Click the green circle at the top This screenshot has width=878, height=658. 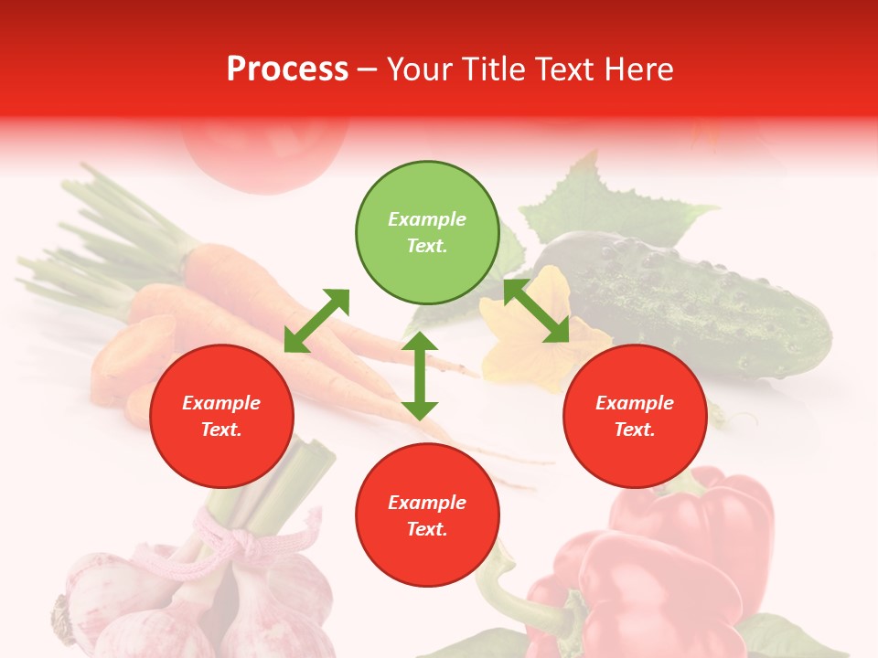[x=427, y=233]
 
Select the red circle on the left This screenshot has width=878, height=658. [x=221, y=416]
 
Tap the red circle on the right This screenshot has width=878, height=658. [x=635, y=416]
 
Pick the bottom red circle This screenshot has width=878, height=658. [x=427, y=515]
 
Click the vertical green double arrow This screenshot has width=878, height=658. [x=420, y=376]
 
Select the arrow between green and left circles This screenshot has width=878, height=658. [x=316, y=321]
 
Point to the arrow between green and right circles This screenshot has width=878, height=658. [x=537, y=312]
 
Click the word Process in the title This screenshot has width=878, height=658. [x=287, y=69]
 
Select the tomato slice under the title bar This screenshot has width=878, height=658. [x=265, y=155]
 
